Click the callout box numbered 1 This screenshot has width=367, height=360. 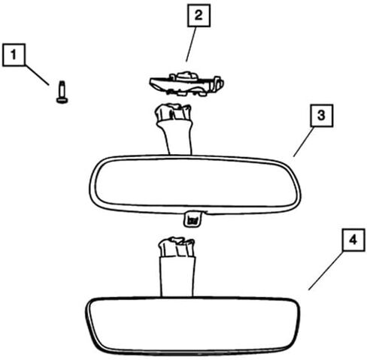pyautogui.click(x=14, y=55)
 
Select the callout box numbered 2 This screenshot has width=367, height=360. pyautogui.click(x=199, y=15)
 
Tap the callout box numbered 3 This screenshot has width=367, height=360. pyautogui.click(x=322, y=116)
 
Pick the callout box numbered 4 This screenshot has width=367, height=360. pyautogui.click(x=353, y=240)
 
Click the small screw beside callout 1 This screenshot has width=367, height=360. pyautogui.click(x=62, y=92)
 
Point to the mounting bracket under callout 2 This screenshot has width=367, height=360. pyautogui.click(x=187, y=83)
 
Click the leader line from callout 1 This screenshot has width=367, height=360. pyautogui.click(x=37, y=75)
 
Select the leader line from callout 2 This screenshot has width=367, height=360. pyautogui.click(x=191, y=44)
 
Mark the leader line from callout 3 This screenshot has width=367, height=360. pyautogui.click(x=303, y=142)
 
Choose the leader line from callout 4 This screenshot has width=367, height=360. pyautogui.click(x=326, y=271)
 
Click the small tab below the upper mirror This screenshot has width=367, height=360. pyautogui.click(x=193, y=219)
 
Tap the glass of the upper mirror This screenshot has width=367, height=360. pyautogui.click(x=195, y=183)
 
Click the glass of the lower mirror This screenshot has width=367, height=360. pyautogui.click(x=193, y=325)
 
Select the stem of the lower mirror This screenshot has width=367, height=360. pyautogui.click(x=177, y=277)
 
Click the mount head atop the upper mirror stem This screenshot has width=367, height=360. pyautogui.click(x=173, y=112)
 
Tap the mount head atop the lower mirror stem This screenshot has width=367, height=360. pyautogui.click(x=177, y=247)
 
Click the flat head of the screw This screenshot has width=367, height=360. pyautogui.click(x=62, y=101)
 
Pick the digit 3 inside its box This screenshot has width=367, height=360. pyautogui.click(x=321, y=115)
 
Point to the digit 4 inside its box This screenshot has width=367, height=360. pyautogui.click(x=353, y=240)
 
